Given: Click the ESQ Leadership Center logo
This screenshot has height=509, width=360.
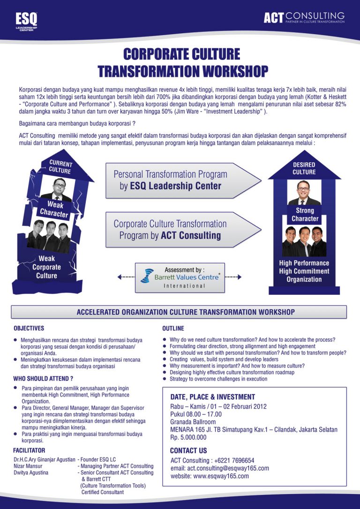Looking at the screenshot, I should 26,21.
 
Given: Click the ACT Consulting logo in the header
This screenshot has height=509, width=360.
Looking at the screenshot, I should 304,18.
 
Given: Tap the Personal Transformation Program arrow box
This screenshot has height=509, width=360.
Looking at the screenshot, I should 180,180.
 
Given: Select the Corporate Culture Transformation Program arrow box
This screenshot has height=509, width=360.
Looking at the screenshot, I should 180,229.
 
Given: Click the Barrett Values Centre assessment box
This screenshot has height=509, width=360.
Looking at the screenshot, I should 180,277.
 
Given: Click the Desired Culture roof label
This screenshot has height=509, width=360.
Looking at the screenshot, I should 304,168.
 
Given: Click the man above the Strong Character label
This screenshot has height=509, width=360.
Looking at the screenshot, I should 304,192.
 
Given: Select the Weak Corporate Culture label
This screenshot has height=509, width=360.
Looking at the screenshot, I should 47,267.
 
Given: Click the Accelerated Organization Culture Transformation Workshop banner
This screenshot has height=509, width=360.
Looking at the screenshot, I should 179,312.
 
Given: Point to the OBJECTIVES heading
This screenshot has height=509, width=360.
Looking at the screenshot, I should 29,329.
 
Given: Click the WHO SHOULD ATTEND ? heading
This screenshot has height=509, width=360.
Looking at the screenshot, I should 43,378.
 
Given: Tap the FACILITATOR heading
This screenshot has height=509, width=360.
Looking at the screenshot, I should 29,450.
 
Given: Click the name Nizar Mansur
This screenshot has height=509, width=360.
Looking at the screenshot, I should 28,466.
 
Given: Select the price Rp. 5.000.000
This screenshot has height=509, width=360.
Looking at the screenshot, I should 188,437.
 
